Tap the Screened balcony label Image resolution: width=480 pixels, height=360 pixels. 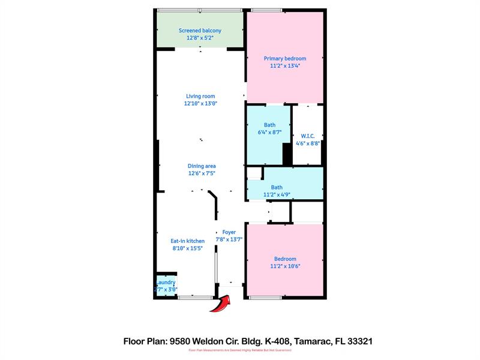200,31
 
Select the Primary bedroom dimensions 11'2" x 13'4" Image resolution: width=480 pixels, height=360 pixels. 285,66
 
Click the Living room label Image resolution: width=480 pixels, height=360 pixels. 200,96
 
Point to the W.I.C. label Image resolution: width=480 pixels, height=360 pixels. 307,136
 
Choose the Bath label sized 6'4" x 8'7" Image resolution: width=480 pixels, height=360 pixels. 269,125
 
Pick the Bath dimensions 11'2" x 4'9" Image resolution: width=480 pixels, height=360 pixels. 277,194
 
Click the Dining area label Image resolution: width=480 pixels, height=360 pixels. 202,166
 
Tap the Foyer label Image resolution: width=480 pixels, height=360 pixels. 229,232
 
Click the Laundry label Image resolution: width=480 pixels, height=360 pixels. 166,282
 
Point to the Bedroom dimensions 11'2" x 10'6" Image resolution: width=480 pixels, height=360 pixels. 285,266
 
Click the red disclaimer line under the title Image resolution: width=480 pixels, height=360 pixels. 240,350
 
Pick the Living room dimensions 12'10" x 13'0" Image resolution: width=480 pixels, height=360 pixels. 200,103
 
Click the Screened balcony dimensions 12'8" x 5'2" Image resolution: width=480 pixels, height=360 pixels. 200,38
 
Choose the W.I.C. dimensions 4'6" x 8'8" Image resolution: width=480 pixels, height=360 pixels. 307,143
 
